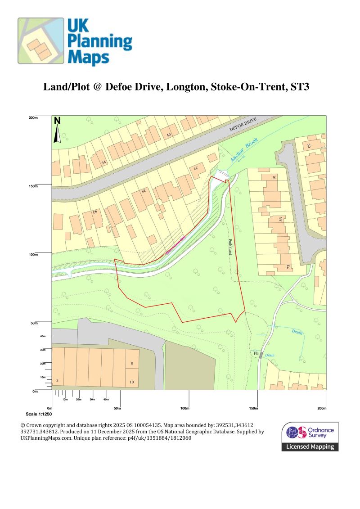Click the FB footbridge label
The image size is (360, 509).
pos(256,353)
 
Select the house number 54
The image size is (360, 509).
pos(103,162)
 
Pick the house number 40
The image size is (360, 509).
pos(169,135)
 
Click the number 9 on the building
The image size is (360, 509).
pos(132,363)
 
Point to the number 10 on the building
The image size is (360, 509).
pos(132,382)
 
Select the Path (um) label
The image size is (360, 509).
pos(230,247)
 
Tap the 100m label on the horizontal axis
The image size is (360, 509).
pos(184,408)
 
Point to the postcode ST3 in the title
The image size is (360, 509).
pos(300,87)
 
